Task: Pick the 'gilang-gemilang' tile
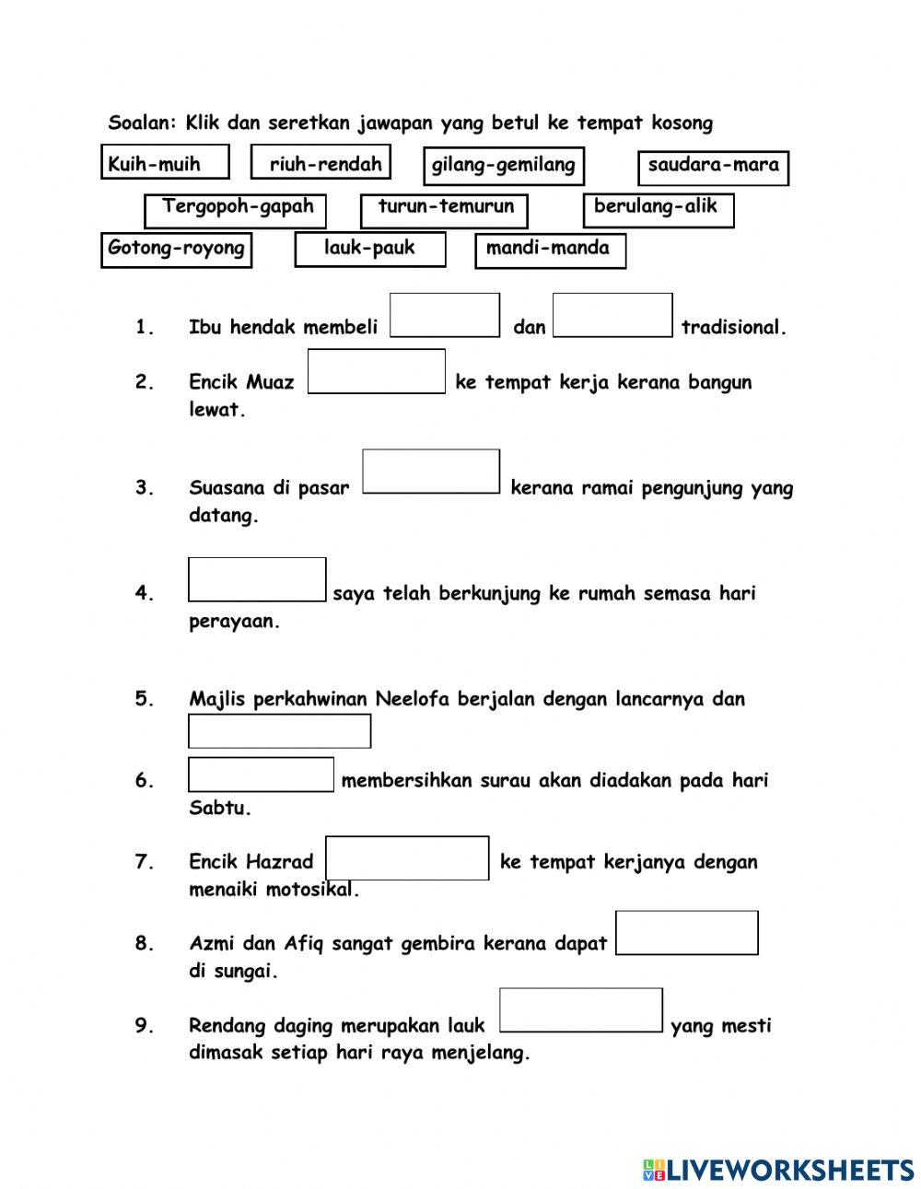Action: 503,166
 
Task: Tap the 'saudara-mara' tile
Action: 713,167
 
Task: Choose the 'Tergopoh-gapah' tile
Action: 235,209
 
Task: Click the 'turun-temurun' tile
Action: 443,209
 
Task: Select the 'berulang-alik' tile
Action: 658,209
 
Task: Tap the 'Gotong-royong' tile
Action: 176,249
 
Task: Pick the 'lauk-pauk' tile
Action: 369,249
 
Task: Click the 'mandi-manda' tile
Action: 550,250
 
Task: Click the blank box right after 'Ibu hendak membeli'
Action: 445,315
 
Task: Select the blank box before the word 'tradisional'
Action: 612,315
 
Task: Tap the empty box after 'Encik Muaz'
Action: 376,371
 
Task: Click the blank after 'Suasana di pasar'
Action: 431,472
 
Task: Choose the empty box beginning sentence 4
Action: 257,579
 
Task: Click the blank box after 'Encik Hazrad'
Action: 407,857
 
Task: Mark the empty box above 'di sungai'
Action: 686,932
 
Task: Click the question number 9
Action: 145,1025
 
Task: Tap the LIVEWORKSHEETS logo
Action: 778,1169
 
